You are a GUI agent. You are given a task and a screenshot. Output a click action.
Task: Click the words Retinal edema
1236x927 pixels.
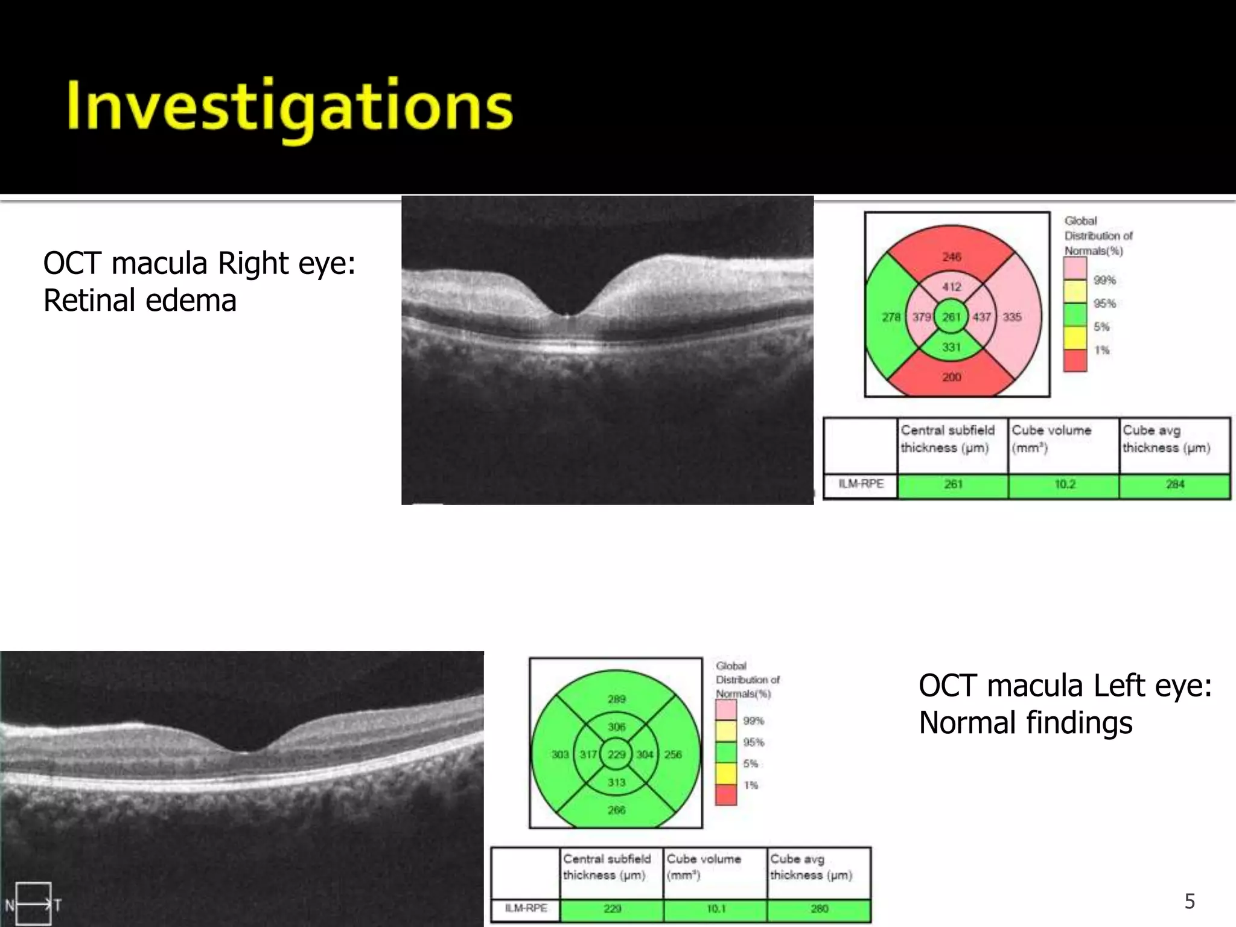140,301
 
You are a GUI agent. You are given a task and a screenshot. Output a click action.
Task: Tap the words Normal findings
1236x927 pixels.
1025,722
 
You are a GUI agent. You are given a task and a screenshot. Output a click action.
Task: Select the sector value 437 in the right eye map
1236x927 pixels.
982,317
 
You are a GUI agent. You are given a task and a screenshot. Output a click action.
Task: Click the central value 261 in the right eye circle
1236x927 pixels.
952,317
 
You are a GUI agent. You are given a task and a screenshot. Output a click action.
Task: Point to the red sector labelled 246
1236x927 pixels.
952,256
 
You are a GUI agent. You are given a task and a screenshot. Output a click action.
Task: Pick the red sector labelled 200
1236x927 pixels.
952,377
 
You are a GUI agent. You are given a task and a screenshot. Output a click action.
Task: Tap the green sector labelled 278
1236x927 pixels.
891,317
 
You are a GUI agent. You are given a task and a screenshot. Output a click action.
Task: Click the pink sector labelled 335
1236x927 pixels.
1012,317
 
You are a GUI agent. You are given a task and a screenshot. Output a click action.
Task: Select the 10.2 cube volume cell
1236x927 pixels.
1064,485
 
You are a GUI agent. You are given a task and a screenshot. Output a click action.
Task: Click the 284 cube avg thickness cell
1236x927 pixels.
1174,485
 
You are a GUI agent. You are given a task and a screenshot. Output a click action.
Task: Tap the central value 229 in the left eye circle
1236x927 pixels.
616,754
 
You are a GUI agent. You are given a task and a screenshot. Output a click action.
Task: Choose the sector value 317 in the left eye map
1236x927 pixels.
588,754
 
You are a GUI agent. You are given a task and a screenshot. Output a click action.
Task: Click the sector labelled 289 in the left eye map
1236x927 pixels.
616,699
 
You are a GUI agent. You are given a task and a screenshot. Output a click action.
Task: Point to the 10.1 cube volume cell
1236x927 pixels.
716,908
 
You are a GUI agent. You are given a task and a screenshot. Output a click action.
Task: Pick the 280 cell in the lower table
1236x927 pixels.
819,908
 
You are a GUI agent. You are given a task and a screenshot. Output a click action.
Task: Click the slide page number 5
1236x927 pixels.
1190,901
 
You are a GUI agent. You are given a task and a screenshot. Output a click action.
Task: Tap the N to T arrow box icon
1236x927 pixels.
33,903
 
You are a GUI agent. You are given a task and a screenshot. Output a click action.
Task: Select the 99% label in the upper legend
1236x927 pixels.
1104,280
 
